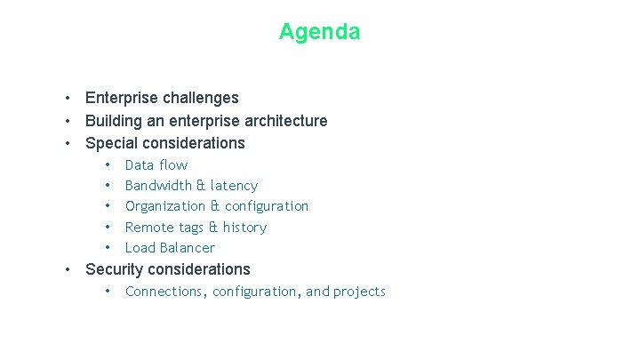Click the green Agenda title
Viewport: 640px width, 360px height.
(319, 32)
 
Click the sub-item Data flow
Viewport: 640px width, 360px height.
(156, 165)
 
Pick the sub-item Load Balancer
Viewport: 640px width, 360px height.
(170, 248)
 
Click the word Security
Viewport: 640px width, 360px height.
(113, 269)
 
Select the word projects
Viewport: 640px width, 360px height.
(359, 292)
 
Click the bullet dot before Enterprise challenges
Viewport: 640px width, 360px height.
(67, 98)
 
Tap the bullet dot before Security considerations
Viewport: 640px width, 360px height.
(67, 269)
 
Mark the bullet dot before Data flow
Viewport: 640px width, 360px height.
(107, 165)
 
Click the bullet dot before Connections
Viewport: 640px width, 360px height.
(107, 292)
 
